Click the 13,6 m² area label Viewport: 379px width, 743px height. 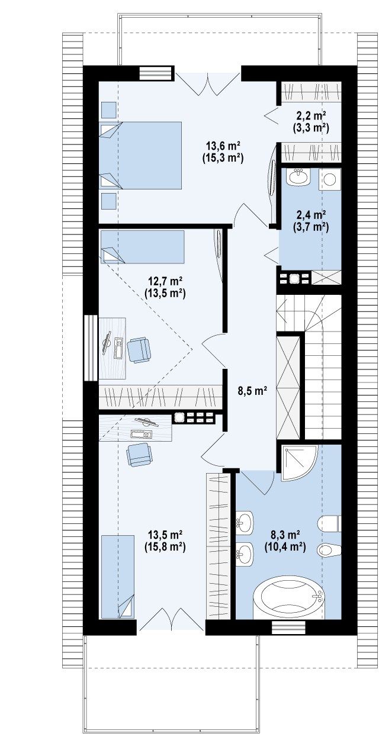[223, 145]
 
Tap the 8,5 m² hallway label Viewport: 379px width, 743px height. [252, 391]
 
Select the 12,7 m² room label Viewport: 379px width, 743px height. [165, 281]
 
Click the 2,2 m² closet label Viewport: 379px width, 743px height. [311, 115]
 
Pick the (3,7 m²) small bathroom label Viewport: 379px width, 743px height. [311, 227]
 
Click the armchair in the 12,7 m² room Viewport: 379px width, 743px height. [139, 350]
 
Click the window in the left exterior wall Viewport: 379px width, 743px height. [90, 348]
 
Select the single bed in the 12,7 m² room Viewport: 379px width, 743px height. [142, 247]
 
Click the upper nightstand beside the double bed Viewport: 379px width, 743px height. [108, 110]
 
